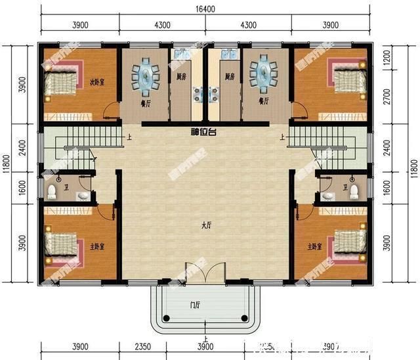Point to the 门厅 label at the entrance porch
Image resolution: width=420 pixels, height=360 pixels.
coord(196,305)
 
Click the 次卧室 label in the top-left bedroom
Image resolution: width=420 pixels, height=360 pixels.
coord(98,83)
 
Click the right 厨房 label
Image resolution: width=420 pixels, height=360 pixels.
coord(229,77)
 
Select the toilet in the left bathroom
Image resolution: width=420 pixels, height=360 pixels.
coord(52,192)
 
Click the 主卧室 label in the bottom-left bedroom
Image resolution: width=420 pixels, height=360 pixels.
coord(98,246)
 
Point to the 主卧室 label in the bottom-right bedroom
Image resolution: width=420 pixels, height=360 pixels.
coord(314,246)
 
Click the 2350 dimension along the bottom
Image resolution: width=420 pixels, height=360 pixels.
coord(144,346)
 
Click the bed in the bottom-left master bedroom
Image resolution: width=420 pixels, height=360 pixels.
coord(61,246)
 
